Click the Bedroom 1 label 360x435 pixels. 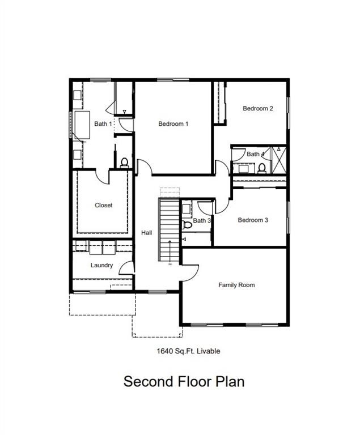(x=173, y=124)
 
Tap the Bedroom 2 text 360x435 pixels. (x=258, y=109)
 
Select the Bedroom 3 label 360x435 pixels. (x=253, y=220)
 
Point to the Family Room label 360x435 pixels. (x=236, y=285)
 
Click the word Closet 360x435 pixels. (x=103, y=206)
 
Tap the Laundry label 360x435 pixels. (x=101, y=265)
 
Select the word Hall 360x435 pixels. (x=147, y=233)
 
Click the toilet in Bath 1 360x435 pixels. (x=124, y=163)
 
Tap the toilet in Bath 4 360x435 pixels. (x=262, y=168)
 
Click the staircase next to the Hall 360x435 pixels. (x=169, y=229)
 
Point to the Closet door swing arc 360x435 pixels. (x=103, y=177)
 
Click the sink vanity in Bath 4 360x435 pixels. (x=244, y=168)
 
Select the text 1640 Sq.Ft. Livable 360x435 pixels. (x=188, y=351)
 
